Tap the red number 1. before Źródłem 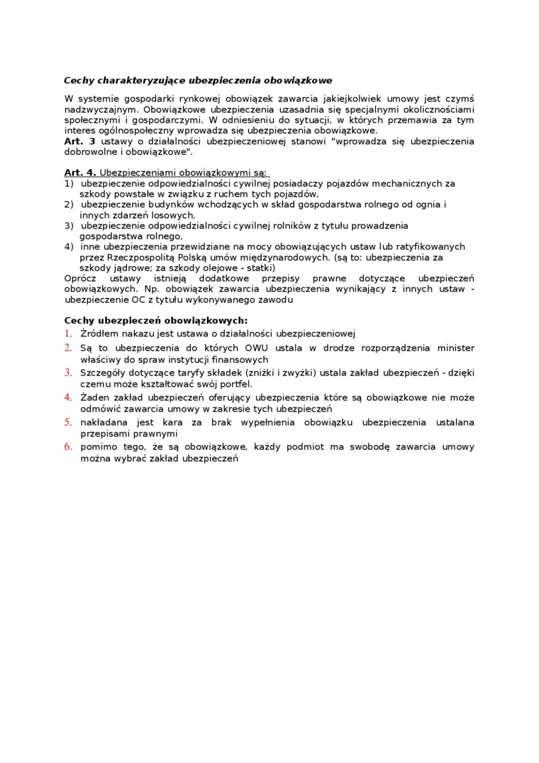click(68, 334)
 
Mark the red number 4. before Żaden click(68, 397)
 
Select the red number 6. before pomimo click(68, 447)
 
